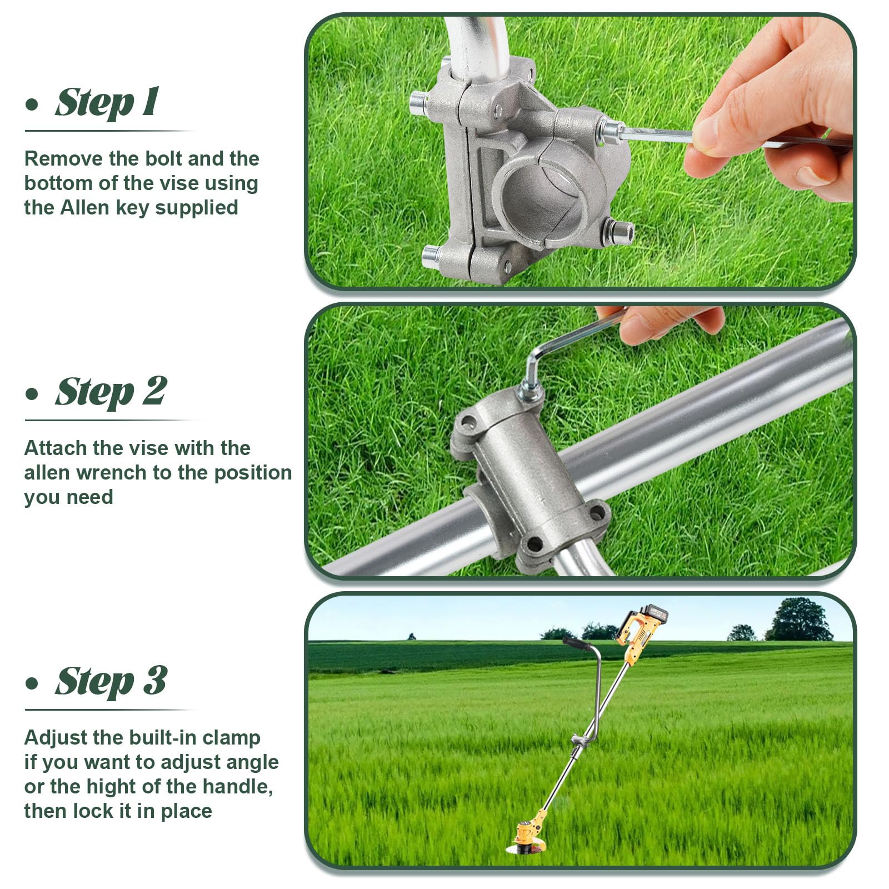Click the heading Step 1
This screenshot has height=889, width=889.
coord(107,102)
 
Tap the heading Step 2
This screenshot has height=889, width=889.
coord(111,392)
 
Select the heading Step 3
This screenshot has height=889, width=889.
coord(111,681)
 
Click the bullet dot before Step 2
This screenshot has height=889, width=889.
coord(32,394)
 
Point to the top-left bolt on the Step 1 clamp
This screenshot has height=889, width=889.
coord(419,103)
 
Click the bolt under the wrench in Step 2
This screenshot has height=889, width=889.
coord(531,391)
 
